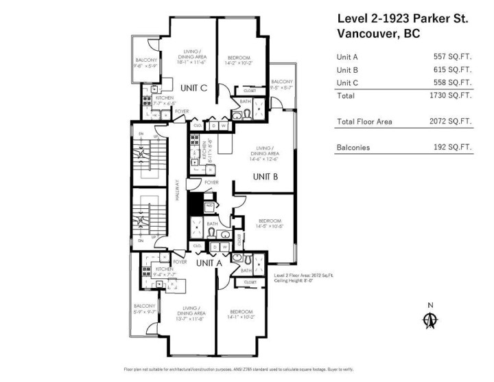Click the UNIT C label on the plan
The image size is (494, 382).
[194, 88]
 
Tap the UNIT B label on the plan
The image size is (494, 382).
[266, 176]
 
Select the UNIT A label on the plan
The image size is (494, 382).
[209, 262]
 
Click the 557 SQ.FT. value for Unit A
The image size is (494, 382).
[452, 57]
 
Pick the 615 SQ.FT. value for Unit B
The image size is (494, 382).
[452, 69]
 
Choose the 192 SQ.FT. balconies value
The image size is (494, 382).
[452, 147]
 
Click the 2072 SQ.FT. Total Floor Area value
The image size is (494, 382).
[450, 122]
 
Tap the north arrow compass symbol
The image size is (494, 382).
[430, 319]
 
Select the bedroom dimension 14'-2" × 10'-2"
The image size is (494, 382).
[238, 64]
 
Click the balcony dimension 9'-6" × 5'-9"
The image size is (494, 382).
[145, 67]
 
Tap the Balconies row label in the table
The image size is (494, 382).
[353, 147]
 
